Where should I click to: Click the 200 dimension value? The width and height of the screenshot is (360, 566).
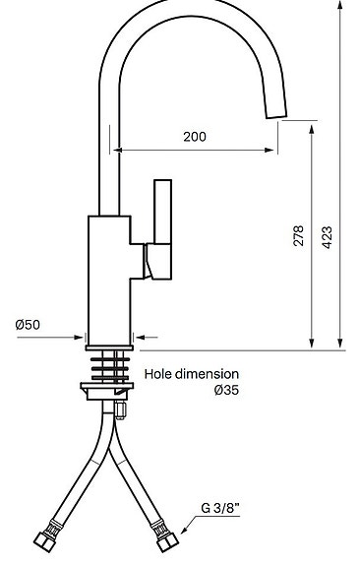click(x=195, y=137)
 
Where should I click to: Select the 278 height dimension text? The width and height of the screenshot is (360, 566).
click(x=298, y=236)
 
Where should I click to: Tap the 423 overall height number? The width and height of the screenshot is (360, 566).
click(x=327, y=237)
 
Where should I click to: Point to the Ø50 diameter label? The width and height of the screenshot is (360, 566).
click(x=28, y=325)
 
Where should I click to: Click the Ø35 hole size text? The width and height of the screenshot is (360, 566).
click(x=226, y=390)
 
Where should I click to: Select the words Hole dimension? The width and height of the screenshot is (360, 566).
click(x=192, y=374)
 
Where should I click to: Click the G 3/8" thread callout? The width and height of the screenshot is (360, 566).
click(x=220, y=508)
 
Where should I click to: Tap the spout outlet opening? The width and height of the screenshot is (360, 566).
click(x=276, y=116)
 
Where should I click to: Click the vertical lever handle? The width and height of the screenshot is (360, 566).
click(x=162, y=212)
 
